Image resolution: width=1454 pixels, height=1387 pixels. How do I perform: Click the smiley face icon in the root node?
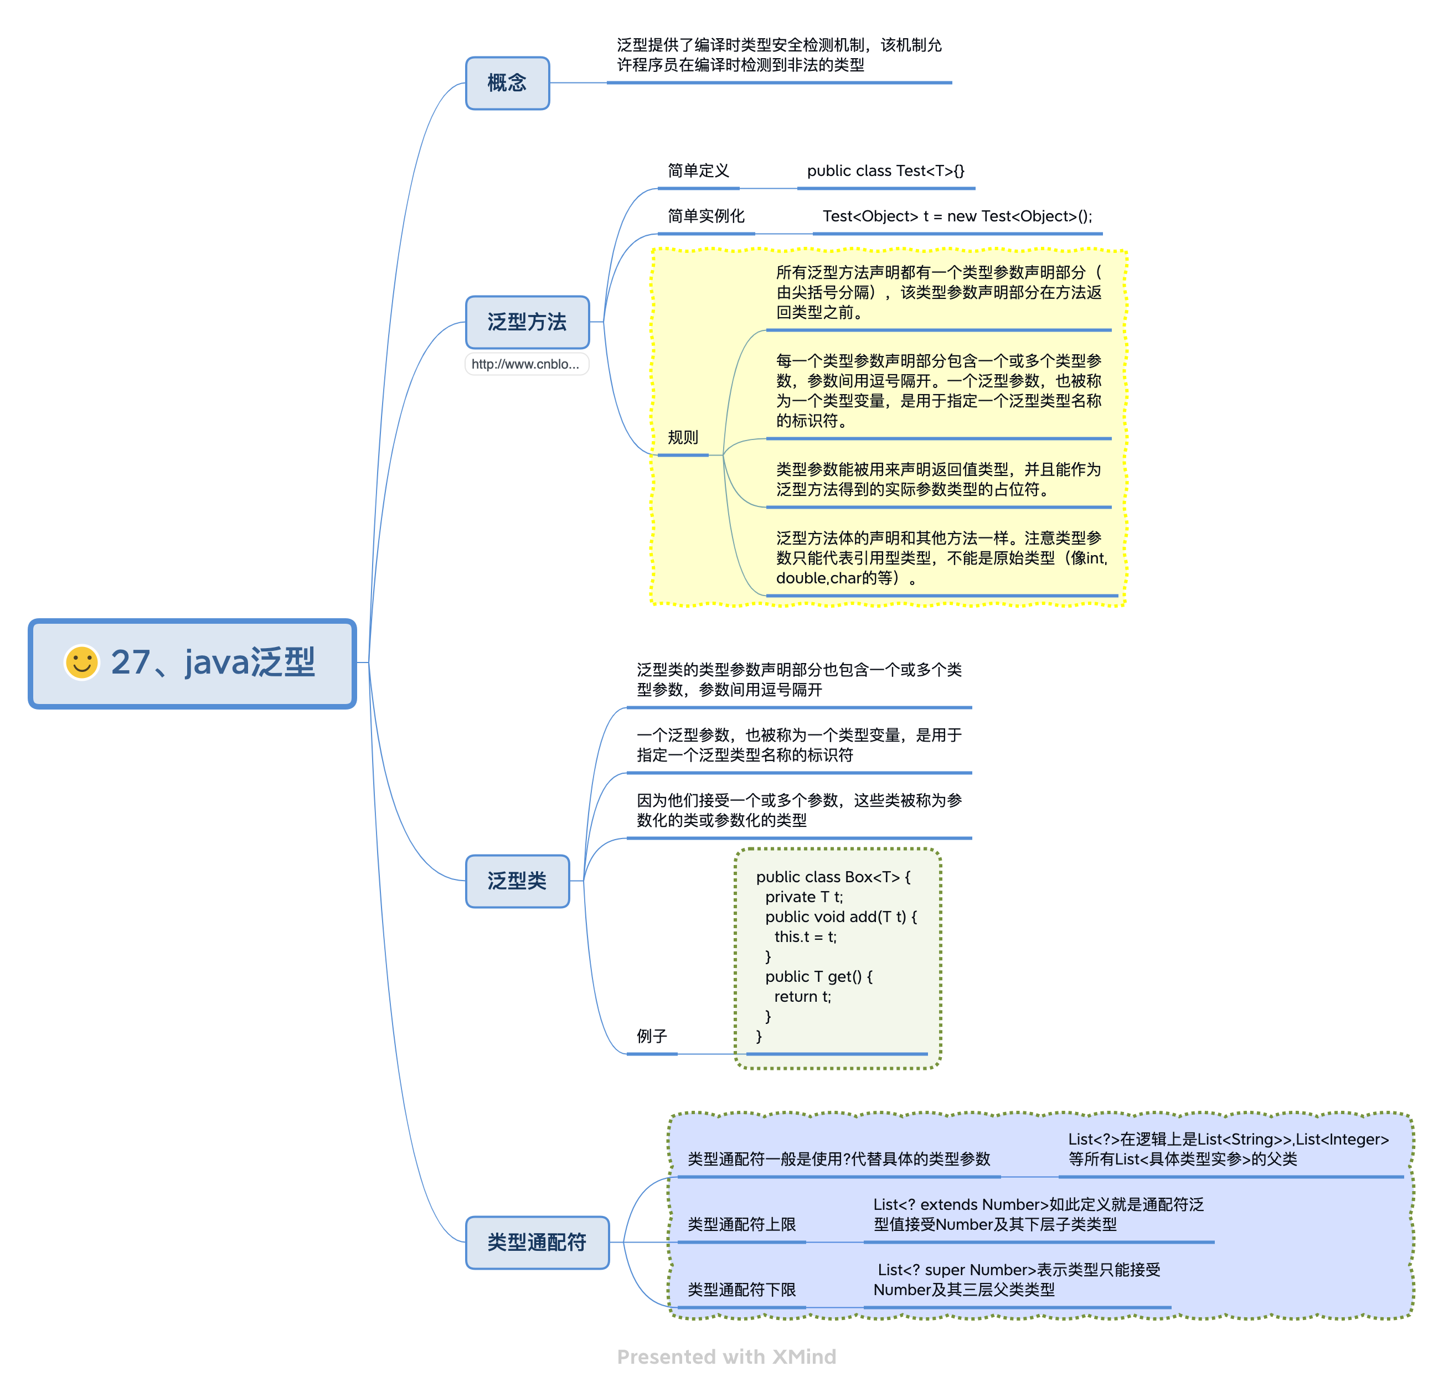[x=81, y=662]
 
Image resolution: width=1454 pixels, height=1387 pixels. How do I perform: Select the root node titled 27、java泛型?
[x=192, y=663]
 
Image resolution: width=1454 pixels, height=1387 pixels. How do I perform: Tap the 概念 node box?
[x=507, y=83]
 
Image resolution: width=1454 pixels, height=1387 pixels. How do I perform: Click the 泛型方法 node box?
[x=527, y=322]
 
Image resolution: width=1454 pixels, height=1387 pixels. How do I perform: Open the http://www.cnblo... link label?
[x=526, y=364]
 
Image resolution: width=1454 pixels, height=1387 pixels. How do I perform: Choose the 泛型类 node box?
[x=517, y=881]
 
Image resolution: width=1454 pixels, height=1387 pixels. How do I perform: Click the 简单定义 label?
[x=698, y=171]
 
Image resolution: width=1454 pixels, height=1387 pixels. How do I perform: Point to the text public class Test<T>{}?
[x=885, y=171]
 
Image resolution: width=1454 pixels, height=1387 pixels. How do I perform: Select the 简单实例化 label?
[x=705, y=216]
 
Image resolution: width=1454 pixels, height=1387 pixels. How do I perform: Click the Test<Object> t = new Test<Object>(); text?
[x=957, y=216]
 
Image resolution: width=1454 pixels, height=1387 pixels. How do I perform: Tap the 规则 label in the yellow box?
[x=683, y=437]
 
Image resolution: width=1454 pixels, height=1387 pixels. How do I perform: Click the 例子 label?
[x=652, y=1036]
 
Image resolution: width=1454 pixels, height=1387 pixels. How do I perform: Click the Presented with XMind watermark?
[x=726, y=1357]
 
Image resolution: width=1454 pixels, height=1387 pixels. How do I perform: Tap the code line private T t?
[x=804, y=897]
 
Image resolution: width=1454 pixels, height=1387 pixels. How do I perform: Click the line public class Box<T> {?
[x=833, y=877]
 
